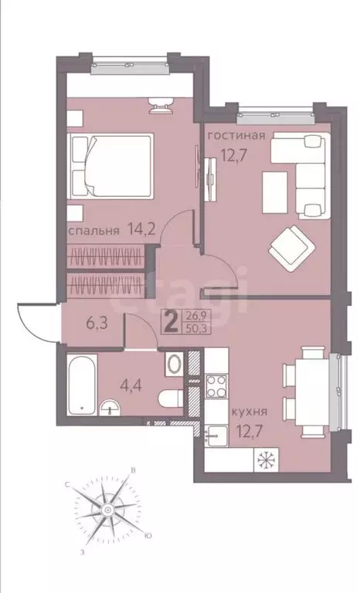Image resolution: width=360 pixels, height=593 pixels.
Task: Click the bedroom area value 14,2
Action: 134,230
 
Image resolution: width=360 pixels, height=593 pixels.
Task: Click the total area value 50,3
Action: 196,326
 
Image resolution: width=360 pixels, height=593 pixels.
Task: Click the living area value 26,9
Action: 196,313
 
